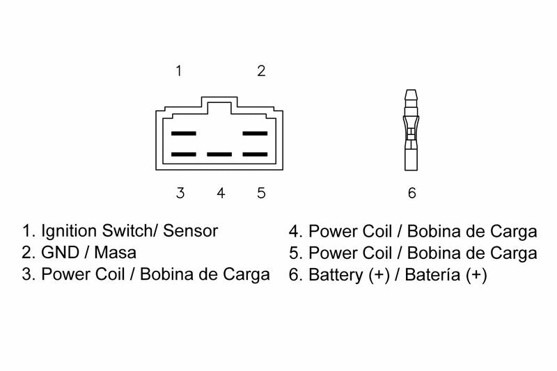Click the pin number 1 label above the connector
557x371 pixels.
(179, 70)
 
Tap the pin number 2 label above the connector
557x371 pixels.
(261, 70)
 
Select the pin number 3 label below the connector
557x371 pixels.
(180, 193)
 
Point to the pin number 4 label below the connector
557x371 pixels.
(221, 193)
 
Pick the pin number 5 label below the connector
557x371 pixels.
(261, 193)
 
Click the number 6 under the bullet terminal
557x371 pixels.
(411, 193)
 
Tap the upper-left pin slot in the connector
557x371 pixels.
(184, 132)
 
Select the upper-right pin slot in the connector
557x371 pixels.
(255, 132)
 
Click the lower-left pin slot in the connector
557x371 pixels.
(184, 154)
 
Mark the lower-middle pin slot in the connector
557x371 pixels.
(219, 154)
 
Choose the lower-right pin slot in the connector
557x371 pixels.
(255, 154)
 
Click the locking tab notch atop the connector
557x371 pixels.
(219, 103)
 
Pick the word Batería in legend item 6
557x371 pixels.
(416, 275)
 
